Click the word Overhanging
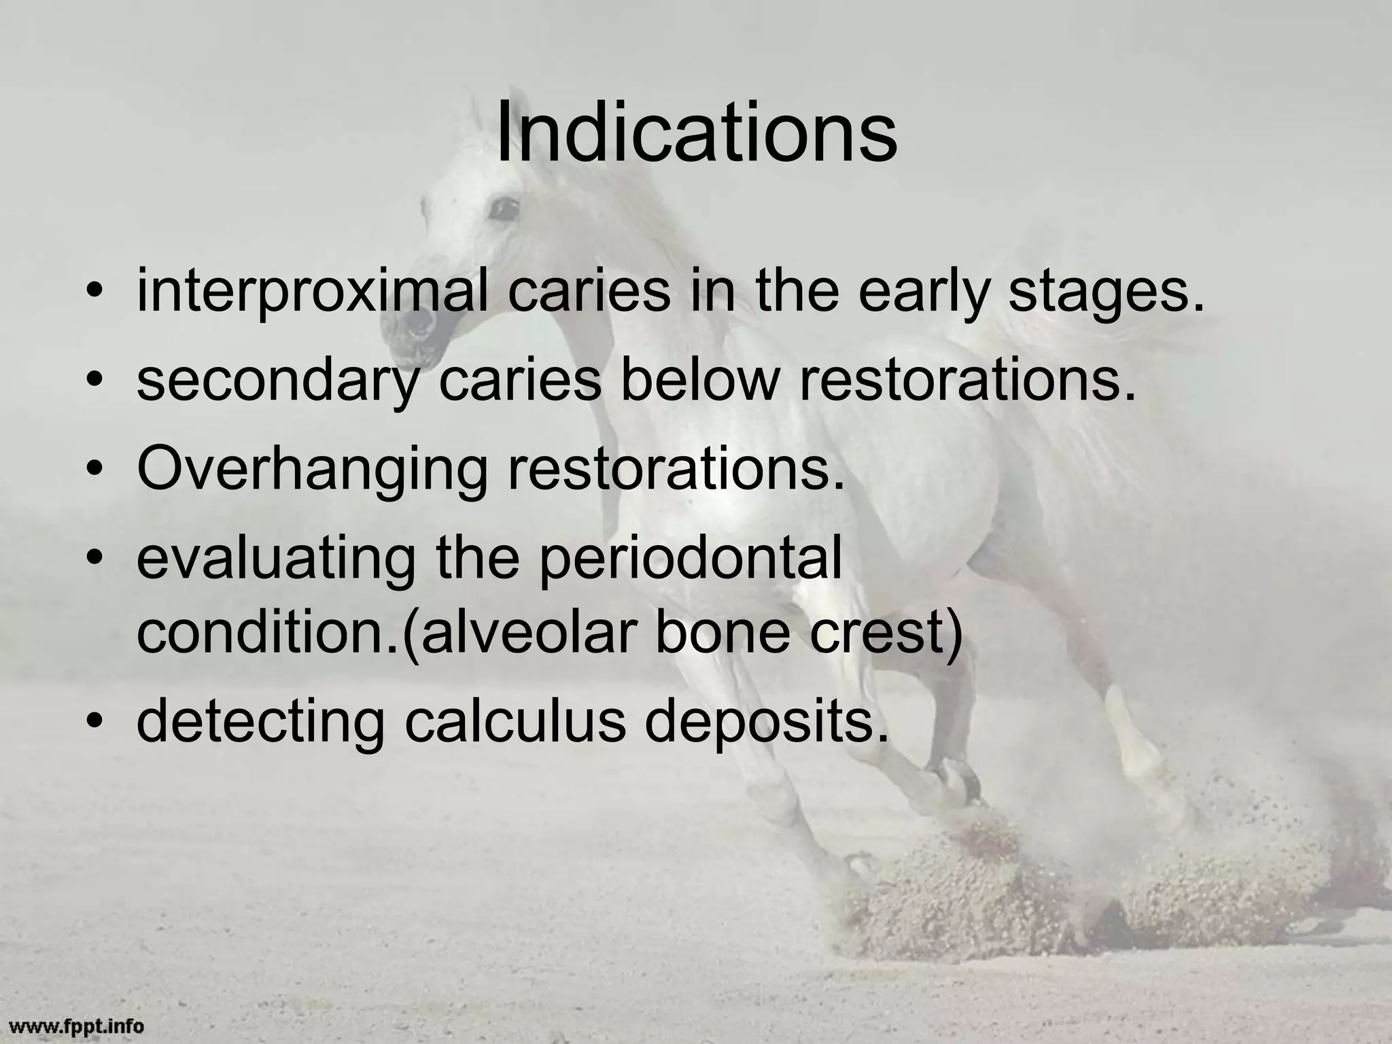pyautogui.click(x=312, y=470)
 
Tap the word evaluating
pyautogui.click(x=276, y=559)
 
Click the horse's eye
pyautogui.click(x=504, y=207)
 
